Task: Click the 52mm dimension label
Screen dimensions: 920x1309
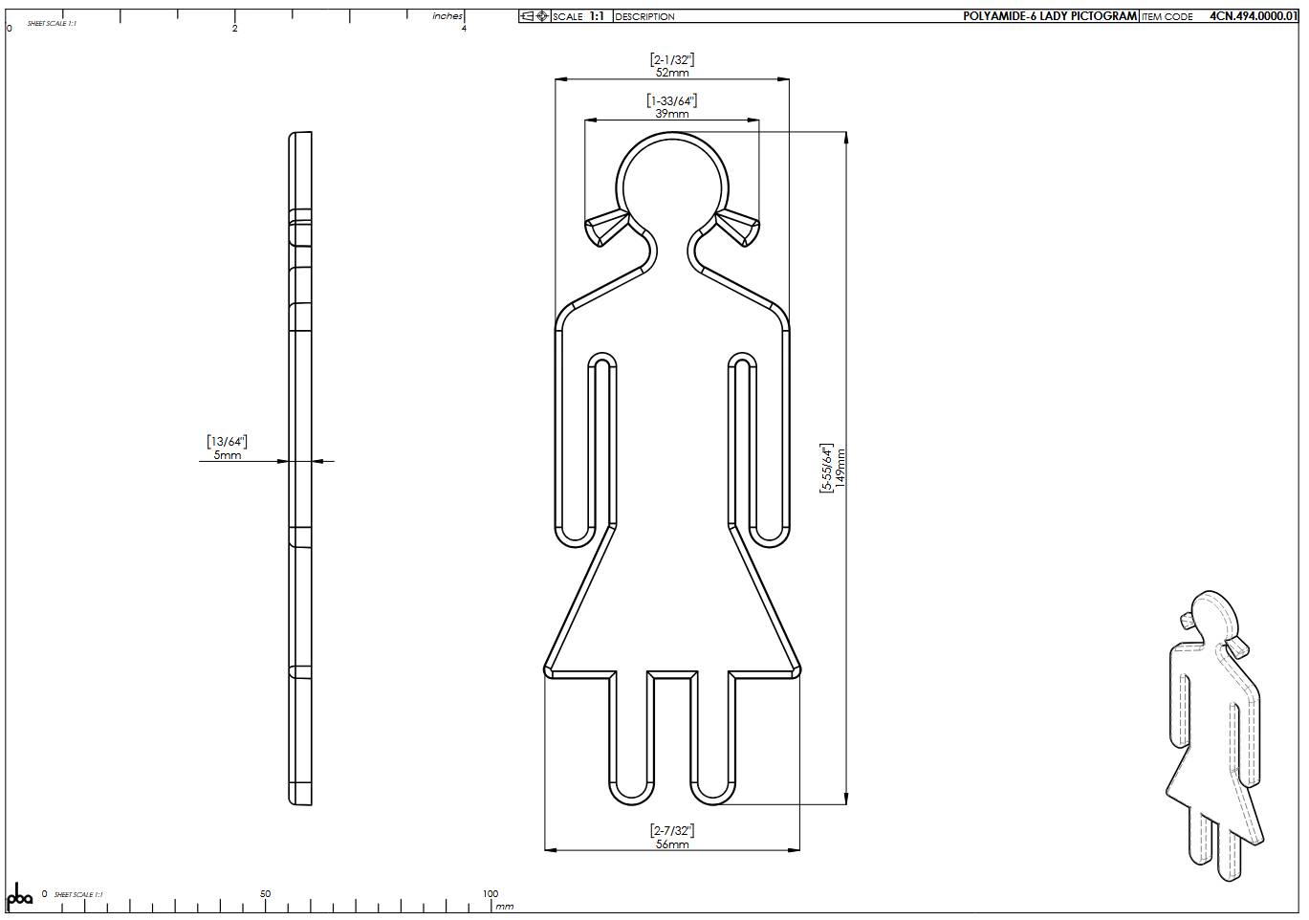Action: pyautogui.click(x=672, y=73)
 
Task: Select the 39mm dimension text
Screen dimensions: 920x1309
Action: pyautogui.click(x=672, y=114)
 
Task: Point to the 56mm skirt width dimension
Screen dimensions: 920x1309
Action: pyautogui.click(x=672, y=844)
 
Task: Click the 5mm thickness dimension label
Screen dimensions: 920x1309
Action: pyautogui.click(x=228, y=455)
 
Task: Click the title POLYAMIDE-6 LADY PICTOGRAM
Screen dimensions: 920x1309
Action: pyautogui.click(x=1050, y=16)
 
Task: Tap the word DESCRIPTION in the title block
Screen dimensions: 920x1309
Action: pyautogui.click(x=644, y=16)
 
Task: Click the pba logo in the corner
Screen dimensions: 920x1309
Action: pyautogui.click(x=20, y=898)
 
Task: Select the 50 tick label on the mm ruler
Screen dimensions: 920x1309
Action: pyautogui.click(x=265, y=894)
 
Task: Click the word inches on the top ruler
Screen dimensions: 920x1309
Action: pyautogui.click(x=447, y=16)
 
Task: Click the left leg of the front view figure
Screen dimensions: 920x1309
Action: pyautogui.click(x=628, y=736)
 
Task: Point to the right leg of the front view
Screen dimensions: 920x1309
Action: pyautogui.click(x=716, y=736)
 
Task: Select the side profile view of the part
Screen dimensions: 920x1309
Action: pyautogui.click(x=300, y=469)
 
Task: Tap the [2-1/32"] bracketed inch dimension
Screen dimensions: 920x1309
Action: pyautogui.click(x=672, y=59)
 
